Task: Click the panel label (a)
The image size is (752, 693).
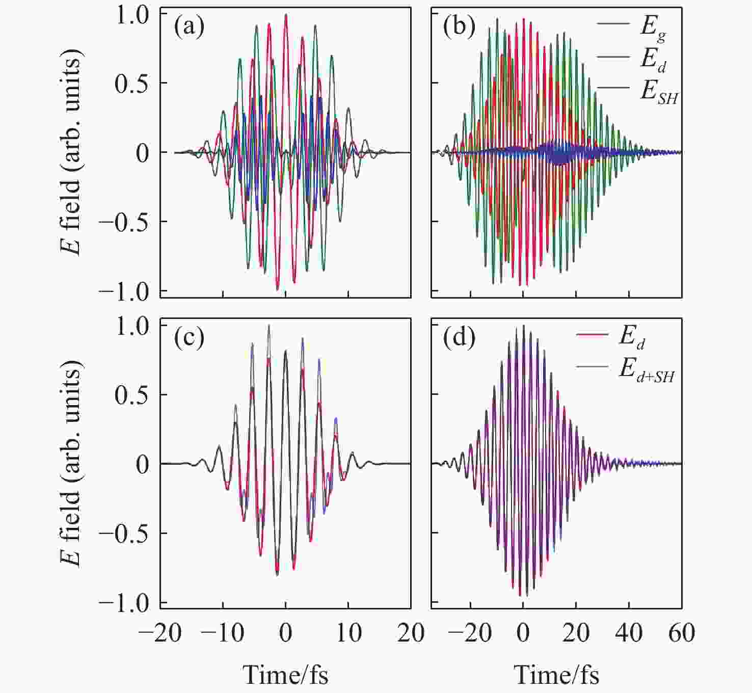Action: tap(189, 27)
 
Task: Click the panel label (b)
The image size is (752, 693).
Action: tap(459, 27)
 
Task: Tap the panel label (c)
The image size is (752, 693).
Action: tap(189, 338)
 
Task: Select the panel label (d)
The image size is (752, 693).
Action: tap(459, 338)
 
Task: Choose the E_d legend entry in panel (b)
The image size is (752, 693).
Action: tap(653, 60)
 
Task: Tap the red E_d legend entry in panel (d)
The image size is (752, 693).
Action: tap(632, 337)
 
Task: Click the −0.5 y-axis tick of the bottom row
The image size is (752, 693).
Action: tap(124, 533)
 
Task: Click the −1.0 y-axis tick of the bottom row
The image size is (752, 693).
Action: tap(124, 603)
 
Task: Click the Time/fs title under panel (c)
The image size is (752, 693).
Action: tap(285, 675)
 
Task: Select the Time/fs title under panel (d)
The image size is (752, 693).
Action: tap(556, 675)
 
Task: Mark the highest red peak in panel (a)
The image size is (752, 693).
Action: tap(286, 15)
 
